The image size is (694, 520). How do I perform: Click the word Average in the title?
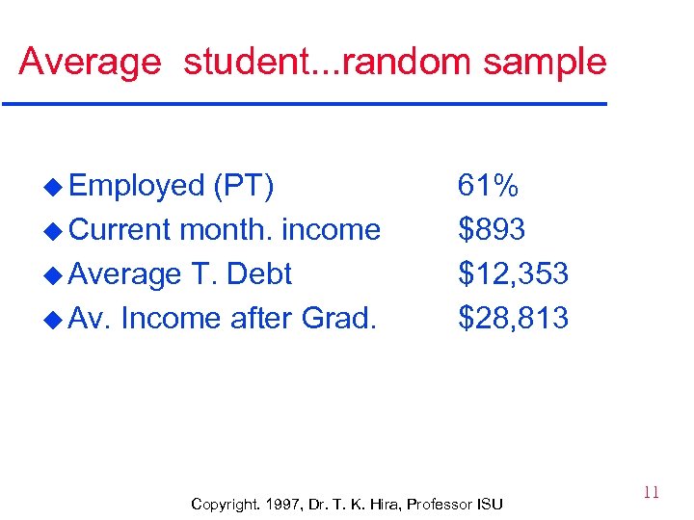[90, 62]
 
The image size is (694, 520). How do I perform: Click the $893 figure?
[492, 229]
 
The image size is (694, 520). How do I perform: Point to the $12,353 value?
[513, 273]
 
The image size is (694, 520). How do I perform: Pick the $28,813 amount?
[513, 318]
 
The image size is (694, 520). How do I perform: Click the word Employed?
[137, 185]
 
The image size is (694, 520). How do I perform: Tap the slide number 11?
[651, 493]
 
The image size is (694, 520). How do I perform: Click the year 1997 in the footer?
[281, 504]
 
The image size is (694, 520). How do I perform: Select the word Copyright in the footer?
[225, 504]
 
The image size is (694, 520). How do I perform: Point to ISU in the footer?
[489, 504]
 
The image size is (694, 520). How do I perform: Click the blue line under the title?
[304, 103]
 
